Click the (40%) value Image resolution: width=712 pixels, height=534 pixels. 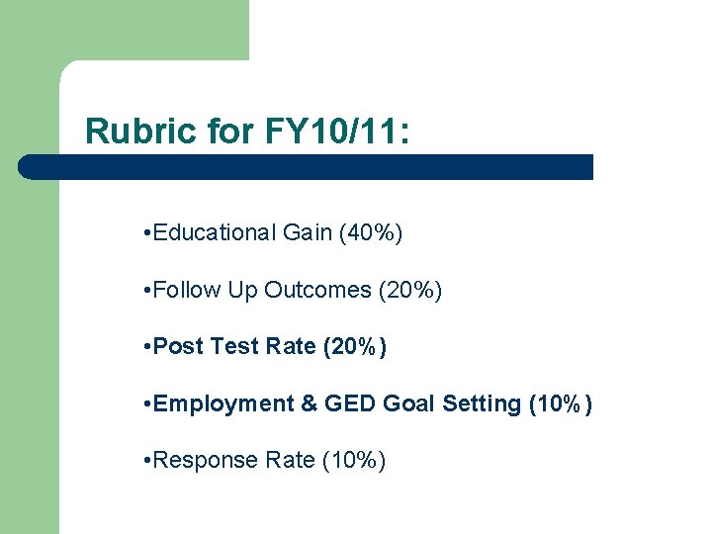pos(371,233)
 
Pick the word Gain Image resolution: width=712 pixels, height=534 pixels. pos(307,233)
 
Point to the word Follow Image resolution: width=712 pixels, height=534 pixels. pos(188,291)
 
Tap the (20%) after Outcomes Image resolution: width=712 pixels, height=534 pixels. pos(410,291)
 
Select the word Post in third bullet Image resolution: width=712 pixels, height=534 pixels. pos(179,347)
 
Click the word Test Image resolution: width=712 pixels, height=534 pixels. pos(234,347)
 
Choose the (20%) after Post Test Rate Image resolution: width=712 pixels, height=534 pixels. pos(355,347)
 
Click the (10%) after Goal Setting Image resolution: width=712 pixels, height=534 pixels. pos(561,403)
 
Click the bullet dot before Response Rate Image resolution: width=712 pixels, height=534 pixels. pos(146,461)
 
